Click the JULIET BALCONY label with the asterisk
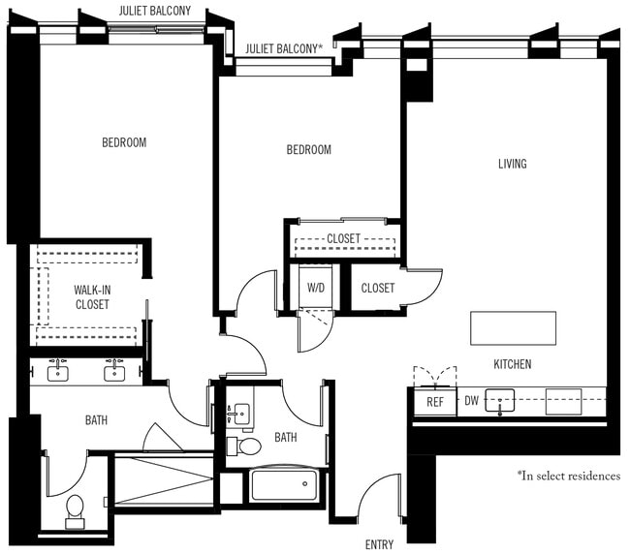283,47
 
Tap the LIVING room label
512,164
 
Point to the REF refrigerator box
435,401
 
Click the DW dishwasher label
472,400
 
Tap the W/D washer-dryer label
316,288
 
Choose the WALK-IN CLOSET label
92,296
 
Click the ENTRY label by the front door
379,544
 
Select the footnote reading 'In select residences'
568,476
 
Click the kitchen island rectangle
513,328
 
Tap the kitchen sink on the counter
500,401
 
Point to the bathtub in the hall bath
283,484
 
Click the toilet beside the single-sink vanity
248,446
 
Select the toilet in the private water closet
76,509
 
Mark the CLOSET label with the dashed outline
343,238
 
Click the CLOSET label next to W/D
377,288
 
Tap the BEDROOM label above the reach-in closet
308,149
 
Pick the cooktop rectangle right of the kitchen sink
563,401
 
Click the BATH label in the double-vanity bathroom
96,420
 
